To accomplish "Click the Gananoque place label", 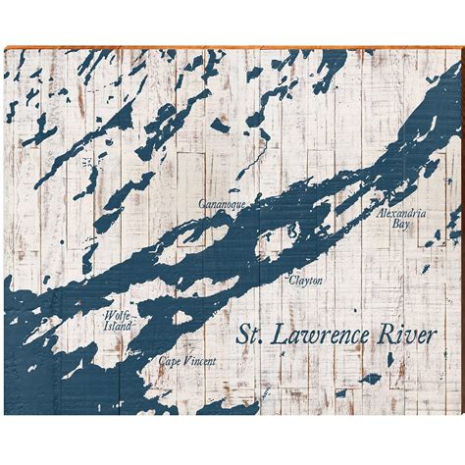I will [219, 204].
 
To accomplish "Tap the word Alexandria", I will [400, 213].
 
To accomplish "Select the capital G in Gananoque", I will [201, 204].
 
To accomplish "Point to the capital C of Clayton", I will [291, 280].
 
